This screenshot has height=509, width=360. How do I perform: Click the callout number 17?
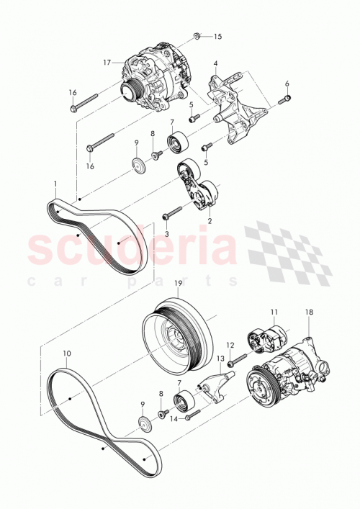[107, 63]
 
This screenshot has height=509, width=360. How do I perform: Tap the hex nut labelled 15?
[199, 35]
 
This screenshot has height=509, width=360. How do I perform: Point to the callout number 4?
[215, 65]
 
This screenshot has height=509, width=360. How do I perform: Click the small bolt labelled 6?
[287, 97]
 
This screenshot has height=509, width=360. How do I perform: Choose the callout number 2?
[210, 222]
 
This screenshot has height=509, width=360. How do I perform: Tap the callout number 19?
[179, 284]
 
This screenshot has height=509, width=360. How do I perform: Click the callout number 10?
[66, 353]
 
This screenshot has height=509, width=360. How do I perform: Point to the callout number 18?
[309, 314]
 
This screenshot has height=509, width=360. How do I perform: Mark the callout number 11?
[274, 312]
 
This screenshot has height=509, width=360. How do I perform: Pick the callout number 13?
[220, 359]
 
